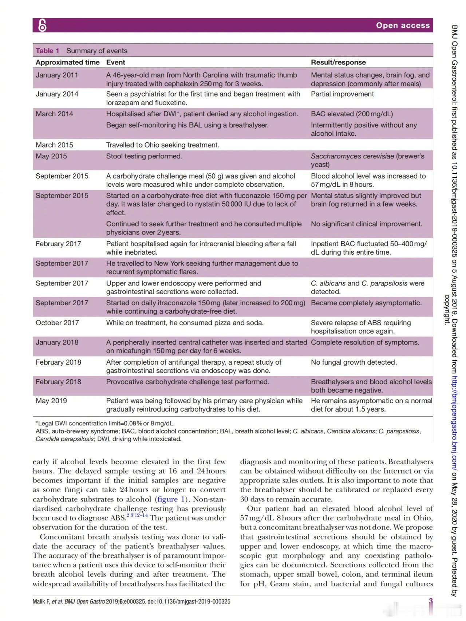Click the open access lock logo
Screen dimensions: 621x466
tap(43, 25)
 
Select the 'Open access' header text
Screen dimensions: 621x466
tap(403, 25)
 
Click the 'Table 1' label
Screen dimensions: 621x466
tap(47, 51)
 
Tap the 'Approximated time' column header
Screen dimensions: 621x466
tap(67, 62)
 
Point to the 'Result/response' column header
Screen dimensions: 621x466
tap(338, 62)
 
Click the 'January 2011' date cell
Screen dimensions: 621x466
tap(57, 75)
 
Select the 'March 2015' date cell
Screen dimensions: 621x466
tap(54, 145)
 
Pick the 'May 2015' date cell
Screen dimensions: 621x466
tap(51, 156)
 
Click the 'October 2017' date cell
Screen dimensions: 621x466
tap(57, 323)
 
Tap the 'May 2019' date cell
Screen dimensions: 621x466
tap(51, 401)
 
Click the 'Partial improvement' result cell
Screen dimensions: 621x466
tap(342, 94)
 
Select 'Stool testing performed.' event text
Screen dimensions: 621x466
tap(144, 156)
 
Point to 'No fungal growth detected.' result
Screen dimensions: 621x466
tap(354, 362)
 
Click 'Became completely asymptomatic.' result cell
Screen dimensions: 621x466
tap(366, 303)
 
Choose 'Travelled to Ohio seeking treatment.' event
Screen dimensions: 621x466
tap(163, 145)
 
